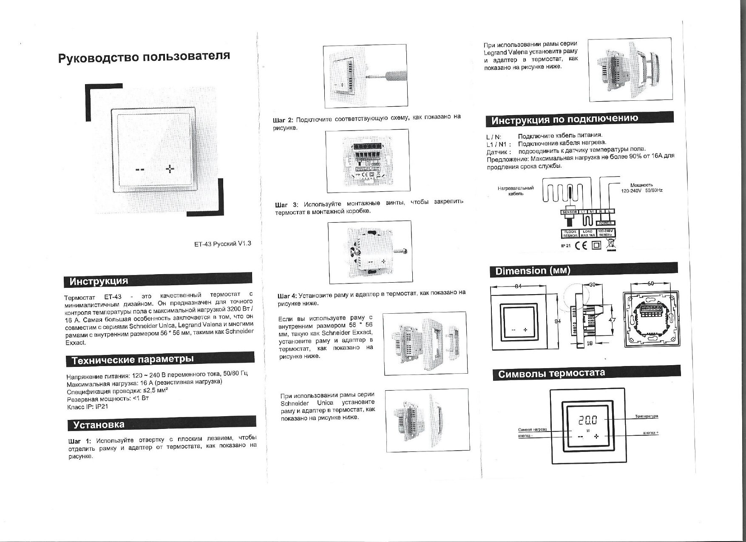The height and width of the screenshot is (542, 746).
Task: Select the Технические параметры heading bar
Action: click(160, 360)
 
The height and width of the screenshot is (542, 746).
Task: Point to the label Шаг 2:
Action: click(283, 120)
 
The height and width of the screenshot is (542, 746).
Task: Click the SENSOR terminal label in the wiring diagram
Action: click(570, 212)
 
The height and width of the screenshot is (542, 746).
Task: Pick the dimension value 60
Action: click(650, 284)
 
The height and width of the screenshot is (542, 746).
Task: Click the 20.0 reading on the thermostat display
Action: click(587, 420)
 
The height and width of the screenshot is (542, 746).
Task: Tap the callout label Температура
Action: click(647, 416)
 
